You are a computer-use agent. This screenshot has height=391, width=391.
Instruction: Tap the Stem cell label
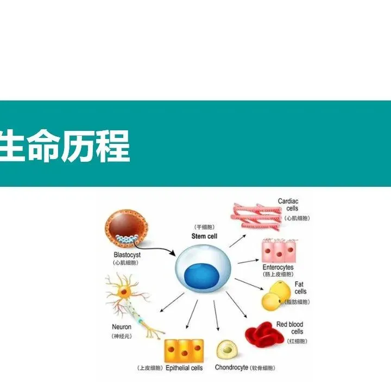(204, 236)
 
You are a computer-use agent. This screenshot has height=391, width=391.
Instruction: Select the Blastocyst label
(127, 254)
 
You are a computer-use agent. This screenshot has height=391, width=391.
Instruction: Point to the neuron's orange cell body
(124, 292)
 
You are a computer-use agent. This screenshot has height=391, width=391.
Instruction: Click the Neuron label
(122, 327)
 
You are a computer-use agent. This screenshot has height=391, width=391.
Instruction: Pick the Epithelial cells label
(184, 368)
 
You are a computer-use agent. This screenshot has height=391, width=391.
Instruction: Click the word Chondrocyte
(231, 368)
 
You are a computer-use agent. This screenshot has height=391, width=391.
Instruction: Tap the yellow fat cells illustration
(276, 297)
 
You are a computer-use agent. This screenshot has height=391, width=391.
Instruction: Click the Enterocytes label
(278, 268)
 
